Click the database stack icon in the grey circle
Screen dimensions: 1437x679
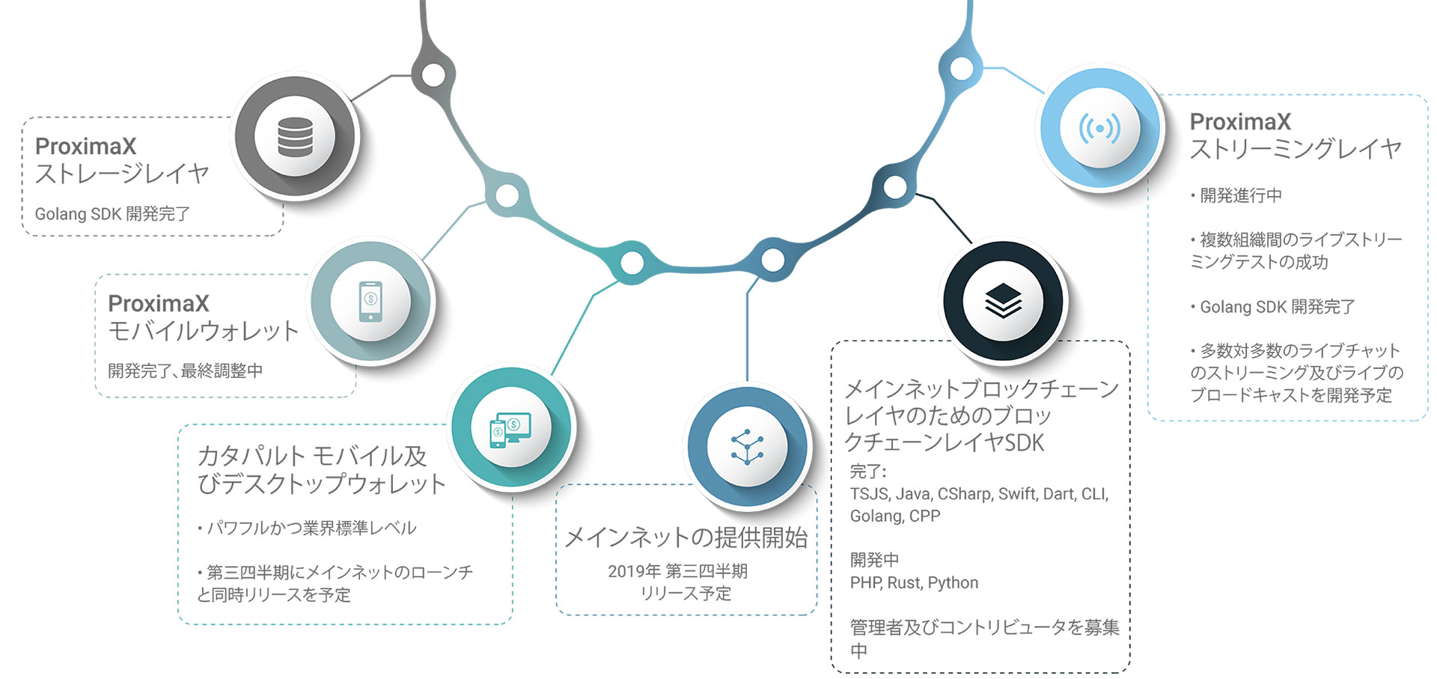pos(295,137)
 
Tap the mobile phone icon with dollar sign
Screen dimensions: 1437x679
pos(370,301)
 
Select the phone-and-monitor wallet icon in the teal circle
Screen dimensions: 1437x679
pos(510,430)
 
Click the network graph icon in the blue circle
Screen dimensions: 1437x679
pos(747,447)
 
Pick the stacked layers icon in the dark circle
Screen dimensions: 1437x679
pos(1003,301)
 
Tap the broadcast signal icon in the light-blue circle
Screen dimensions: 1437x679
pos(1099,129)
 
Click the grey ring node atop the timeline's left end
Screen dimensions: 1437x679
pos(433,74)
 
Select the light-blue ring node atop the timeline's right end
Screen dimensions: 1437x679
pos(962,68)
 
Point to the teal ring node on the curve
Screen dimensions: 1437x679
pos(632,263)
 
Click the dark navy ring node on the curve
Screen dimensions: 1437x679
pos(895,186)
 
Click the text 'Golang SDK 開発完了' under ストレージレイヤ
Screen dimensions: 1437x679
pos(112,214)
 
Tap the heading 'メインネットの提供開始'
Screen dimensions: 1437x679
pos(686,538)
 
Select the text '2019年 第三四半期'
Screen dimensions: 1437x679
pos(677,571)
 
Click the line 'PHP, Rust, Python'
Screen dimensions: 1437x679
pos(914,582)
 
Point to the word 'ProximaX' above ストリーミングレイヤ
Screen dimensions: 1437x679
pos(1240,121)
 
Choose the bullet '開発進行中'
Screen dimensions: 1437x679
pos(1236,195)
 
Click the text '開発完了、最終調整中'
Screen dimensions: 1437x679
pos(185,371)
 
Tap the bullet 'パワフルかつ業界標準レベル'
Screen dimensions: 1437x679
pos(307,528)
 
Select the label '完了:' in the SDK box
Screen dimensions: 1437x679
pos(868,472)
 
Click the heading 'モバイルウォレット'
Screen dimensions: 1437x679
pos(204,331)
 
